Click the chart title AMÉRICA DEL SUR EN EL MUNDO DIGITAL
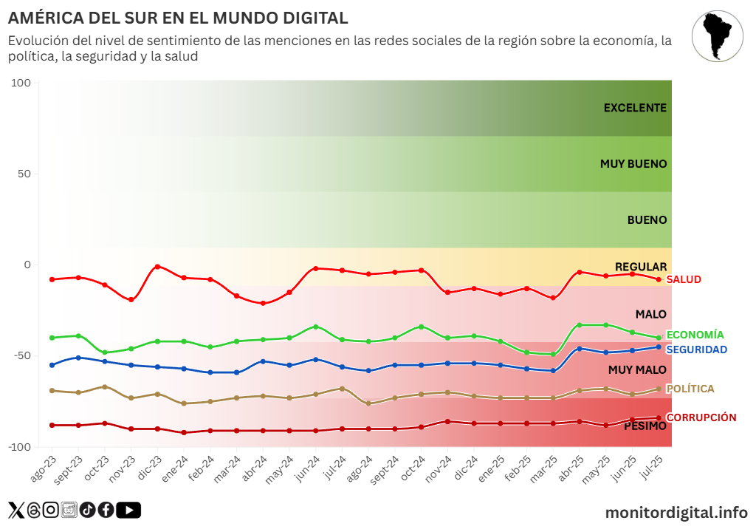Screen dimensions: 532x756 [178, 18]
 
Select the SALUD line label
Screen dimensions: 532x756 [684, 279]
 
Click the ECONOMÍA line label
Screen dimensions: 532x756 [695, 335]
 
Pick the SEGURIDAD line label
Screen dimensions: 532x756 [696, 349]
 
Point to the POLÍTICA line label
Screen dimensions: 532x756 [690, 389]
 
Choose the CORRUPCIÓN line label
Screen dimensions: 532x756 [701, 417]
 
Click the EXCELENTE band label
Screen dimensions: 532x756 [635, 108]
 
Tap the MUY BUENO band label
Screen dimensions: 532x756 [633, 164]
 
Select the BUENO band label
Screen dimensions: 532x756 [647, 220]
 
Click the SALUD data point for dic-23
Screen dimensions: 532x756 [157, 267]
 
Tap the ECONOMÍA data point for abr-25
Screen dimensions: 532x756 [580, 325]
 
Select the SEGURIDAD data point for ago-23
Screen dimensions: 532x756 [52, 365]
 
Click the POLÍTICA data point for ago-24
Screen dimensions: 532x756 [368, 403]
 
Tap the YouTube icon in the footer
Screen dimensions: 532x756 [128, 510]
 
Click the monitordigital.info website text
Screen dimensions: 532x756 [676, 512]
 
